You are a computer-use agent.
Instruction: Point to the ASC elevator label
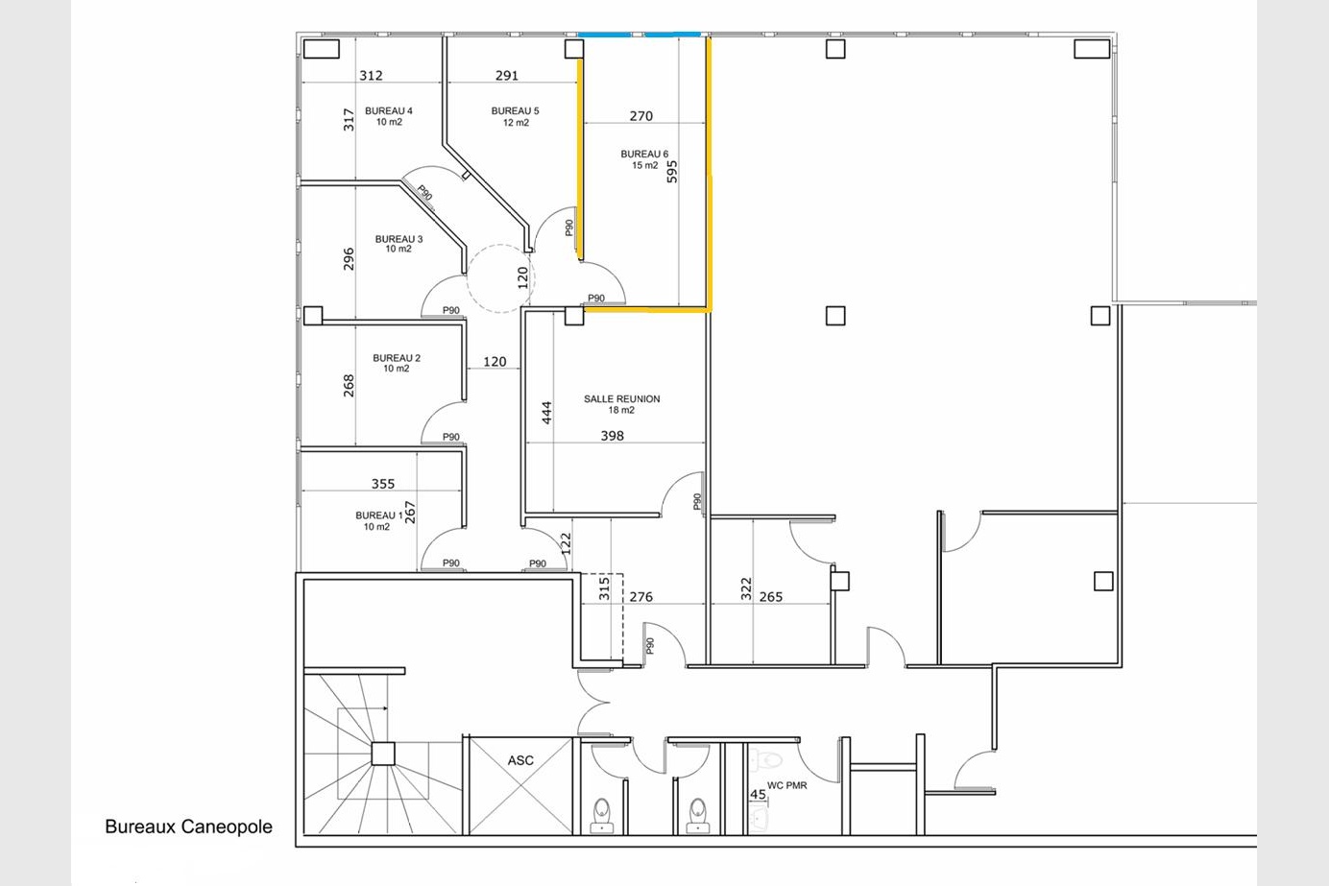(x=520, y=760)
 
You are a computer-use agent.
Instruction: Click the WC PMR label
(x=786, y=785)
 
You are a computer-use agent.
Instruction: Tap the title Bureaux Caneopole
(x=188, y=826)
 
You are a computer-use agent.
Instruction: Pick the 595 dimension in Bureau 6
(x=671, y=172)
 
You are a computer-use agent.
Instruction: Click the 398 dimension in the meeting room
(x=613, y=436)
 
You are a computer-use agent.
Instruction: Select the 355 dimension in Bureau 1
(x=383, y=484)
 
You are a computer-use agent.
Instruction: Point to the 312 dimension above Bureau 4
(x=371, y=75)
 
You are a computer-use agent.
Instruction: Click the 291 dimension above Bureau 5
(x=507, y=75)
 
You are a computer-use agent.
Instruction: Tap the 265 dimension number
(x=771, y=597)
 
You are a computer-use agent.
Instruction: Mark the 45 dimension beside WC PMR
(x=758, y=794)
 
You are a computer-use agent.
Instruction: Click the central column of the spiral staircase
(x=383, y=754)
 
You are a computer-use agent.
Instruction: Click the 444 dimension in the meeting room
(x=546, y=413)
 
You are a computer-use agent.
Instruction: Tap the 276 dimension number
(x=640, y=597)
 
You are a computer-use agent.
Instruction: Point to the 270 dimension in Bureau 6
(x=640, y=115)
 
